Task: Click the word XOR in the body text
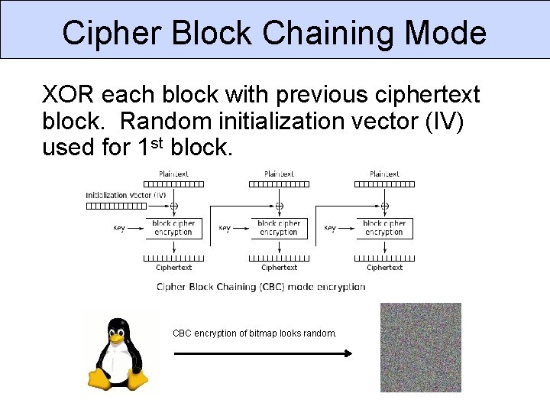69,95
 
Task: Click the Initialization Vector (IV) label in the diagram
126,195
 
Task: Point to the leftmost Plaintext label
173,174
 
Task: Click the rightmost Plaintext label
384,174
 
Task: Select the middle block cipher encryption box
279,228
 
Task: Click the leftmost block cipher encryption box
173,228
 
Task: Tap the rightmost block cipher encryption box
384,228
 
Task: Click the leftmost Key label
119,228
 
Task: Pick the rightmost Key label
330,228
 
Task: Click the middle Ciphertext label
279,268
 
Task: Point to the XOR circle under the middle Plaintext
279,206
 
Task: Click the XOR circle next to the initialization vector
173,206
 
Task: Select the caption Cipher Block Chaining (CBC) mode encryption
260,287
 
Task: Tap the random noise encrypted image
421,347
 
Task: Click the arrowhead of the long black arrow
347,353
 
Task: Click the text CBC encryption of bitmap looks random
254,333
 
